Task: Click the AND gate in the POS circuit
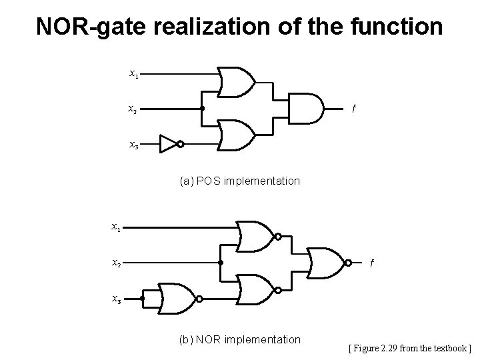click(305, 108)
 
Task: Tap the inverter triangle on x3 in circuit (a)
click(169, 143)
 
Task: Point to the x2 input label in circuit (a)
click(133, 108)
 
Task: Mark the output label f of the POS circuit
click(354, 109)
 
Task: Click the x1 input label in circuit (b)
click(115, 227)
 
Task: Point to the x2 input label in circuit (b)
click(115, 263)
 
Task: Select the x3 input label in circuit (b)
click(115, 300)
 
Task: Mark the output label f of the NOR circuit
click(372, 264)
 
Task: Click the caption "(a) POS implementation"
click(239, 181)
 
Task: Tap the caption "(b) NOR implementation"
click(240, 339)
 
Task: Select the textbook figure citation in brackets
click(410, 347)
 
